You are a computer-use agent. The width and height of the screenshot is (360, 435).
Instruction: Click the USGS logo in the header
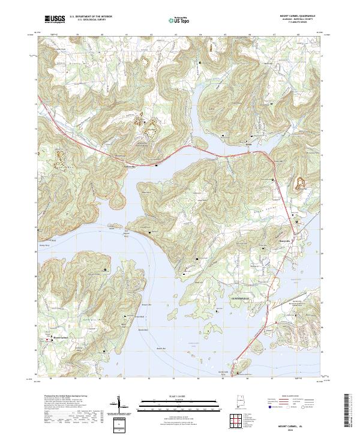[x=55, y=19]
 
